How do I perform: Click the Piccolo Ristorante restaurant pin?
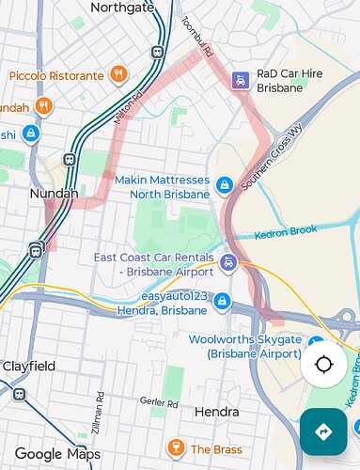(x=117, y=73)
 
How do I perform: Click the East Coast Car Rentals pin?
(x=229, y=260)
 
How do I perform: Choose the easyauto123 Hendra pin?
(x=222, y=302)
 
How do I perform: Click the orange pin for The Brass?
(x=174, y=446)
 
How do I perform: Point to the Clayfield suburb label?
(x=28, y=366)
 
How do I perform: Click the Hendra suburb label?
(x=217, y=412)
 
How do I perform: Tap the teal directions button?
(x=324, y=431)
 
